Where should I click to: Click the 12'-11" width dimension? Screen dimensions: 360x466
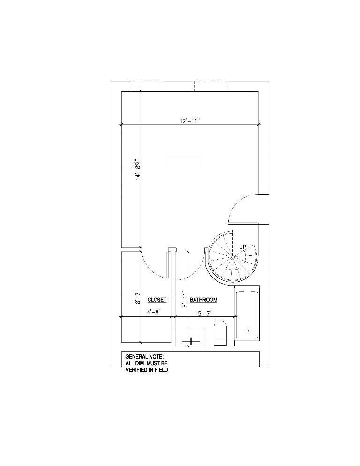pos(190,121)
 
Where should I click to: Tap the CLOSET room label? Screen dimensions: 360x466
pos(157,300)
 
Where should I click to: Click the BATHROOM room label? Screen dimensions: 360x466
pos(203,300)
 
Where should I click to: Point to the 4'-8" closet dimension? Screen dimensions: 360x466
pos(154,312)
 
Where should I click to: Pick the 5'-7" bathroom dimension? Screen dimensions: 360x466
pos(204,313)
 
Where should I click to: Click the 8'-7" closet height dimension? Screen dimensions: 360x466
pos(137,297)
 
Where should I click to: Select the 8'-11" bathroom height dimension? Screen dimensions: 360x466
pos(185,299)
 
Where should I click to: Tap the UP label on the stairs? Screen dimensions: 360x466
pos(242,247)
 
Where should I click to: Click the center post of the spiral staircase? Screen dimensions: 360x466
pos(232,256)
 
